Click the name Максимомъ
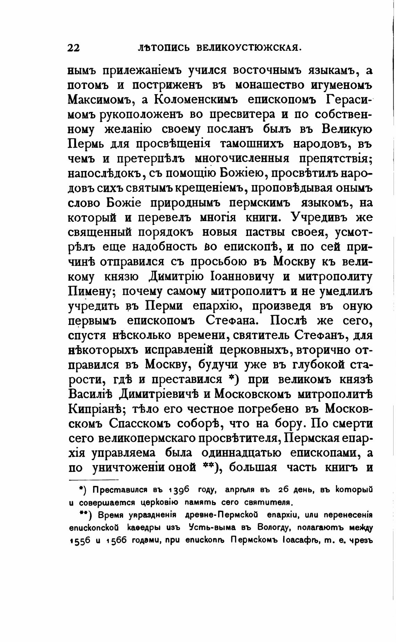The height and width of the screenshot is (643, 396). tap(101, 99)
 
